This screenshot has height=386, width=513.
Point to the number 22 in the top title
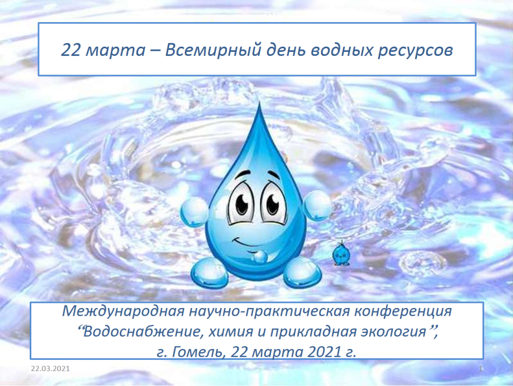tap(71, 50)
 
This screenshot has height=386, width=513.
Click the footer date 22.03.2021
tap(50, 369)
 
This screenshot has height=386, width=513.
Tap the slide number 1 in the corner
tap(480, 369)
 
